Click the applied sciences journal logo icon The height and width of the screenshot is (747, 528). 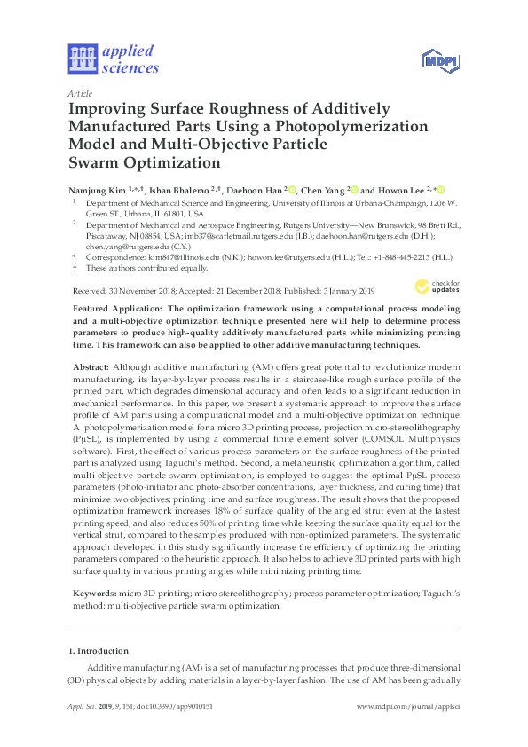click(82, 59)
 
